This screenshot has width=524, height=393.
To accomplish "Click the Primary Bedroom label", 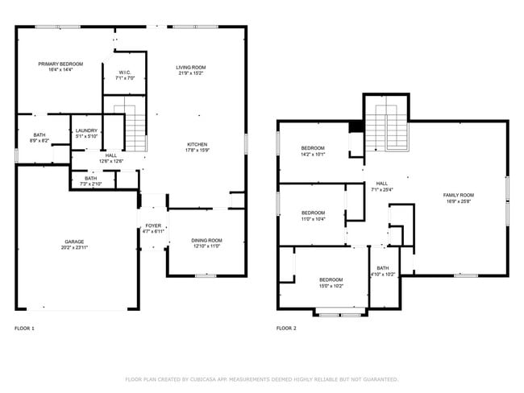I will pos(60,64).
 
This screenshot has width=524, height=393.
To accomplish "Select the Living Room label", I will pos(191,68).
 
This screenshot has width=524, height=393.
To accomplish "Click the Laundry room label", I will pos(85,130).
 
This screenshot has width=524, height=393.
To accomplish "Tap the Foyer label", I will pos(153,225).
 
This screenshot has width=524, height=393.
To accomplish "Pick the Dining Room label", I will pos(206,241).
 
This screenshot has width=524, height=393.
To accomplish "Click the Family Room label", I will pos(458,195).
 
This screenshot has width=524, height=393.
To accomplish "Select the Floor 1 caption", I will pos(24,329).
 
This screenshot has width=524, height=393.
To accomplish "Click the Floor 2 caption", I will pos(286,329).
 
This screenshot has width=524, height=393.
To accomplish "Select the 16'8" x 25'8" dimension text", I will pos(458,201).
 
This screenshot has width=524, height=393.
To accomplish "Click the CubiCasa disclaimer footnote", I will pos(262,379).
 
